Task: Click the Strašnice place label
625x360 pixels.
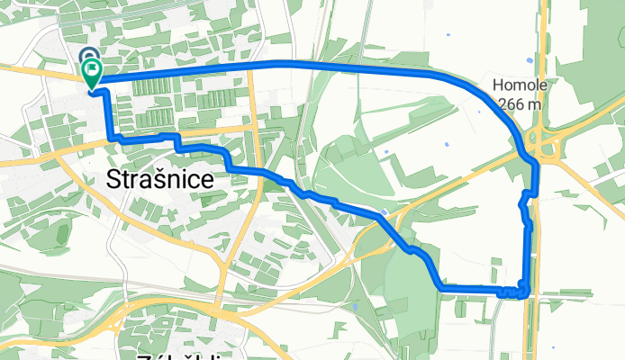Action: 160,178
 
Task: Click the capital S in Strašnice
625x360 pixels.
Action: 114,178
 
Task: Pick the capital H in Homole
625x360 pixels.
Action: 498,87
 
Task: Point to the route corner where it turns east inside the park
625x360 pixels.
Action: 440,286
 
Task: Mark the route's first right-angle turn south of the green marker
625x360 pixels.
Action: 113,136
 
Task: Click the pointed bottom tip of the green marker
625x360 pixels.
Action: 92,90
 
